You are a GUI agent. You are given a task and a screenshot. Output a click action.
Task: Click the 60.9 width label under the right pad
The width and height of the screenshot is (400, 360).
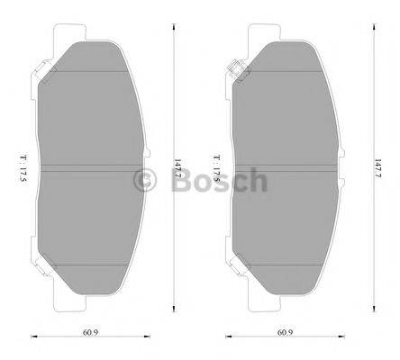(285, 333)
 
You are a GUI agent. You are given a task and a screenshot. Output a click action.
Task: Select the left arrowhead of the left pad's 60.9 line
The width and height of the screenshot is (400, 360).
(33, 339)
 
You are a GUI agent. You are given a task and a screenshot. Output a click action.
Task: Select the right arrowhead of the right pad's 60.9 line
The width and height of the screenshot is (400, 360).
(342, 339)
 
